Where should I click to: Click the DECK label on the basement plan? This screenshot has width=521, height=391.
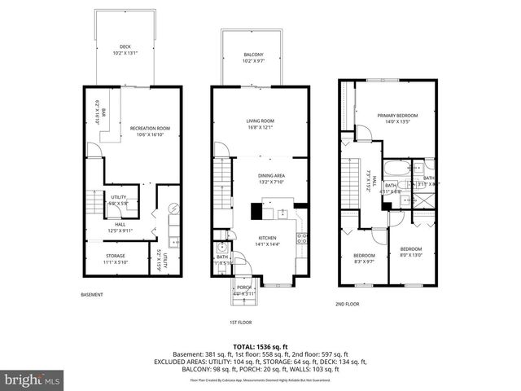(125, 46)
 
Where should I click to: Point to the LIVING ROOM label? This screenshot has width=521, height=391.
(260, 122)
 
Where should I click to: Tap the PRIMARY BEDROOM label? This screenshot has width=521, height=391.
(397, 116)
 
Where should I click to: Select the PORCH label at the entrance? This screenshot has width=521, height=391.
(243, 288)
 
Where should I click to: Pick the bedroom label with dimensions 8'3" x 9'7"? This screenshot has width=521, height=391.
(364, 256)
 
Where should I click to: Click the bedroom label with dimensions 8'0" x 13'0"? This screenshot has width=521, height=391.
(410, 248)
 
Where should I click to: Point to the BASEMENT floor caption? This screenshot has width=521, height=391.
(92, 294)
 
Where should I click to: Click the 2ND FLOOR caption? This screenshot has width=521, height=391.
(347, 304)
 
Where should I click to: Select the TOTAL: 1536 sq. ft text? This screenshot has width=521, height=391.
(260, 346)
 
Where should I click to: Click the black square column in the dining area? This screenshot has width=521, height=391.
(256, 212)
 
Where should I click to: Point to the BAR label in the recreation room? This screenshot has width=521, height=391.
(103, 115)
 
